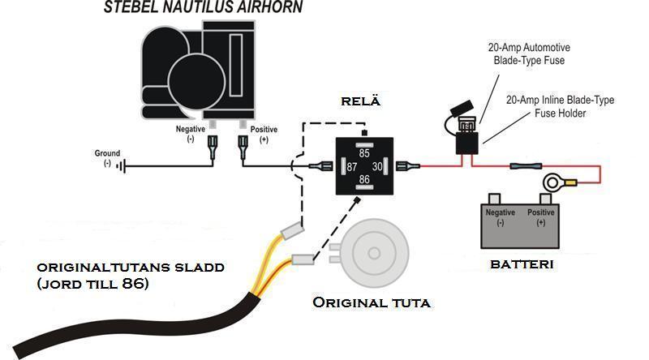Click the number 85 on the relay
[x=364, y=153]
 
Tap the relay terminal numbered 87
[x=352, y=167]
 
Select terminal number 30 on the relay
[x=377, y=167]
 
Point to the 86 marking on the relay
[x=364, y=179]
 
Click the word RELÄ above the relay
[x=360, y=101]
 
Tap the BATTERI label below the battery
[x=522, y=264]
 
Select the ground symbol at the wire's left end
[x=121, y=166]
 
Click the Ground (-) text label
[x=107, y=158]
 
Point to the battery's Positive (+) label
[x=540, y=217]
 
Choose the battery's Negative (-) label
[x=501, y=217]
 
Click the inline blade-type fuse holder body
[x=467, y=144]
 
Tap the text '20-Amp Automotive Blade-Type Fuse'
[x=529, y=54]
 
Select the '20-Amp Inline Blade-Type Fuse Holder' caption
[x=560, y=106]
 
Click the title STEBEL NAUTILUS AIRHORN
[x=203, y=7]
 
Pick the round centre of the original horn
[x=374, y=253]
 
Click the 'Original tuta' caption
[x=372, y=302]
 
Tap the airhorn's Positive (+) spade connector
[x=243, y=147]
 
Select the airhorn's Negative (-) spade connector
[x=213, y=147]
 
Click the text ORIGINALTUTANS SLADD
[x=131, y=268]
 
